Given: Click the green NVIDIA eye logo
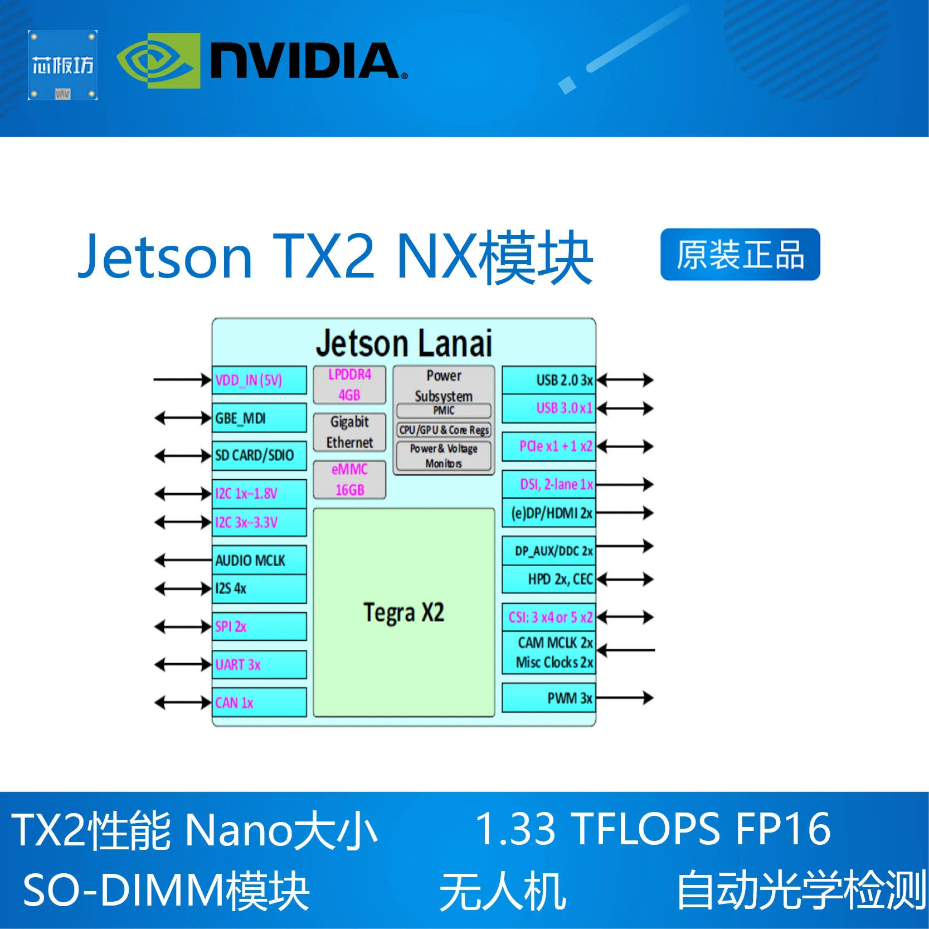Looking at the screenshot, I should [x=158, y=61].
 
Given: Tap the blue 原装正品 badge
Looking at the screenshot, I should [x=740, y=255].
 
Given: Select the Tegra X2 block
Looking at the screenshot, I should [x=403, y=612].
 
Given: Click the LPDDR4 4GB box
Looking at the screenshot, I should [x=349, y=385].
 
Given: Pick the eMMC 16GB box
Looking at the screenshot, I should [x=349, y=480].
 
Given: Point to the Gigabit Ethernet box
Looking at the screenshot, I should [x=349, y=432].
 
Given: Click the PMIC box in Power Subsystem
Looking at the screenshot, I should [x=444, y=411].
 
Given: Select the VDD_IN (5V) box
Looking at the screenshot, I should [x=260, y=381].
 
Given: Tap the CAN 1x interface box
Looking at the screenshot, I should [x=260, y=703].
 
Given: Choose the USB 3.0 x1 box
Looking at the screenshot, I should [x=549, y=408].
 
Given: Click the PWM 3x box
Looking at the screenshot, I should [x=549, y=698].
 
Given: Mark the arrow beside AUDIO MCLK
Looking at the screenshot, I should [x=182, y=560].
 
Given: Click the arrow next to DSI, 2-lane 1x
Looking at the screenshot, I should [x=624, y=484].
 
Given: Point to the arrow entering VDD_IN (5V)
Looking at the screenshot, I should [x=182, y=380].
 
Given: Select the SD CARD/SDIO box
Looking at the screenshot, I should [x=260, y=455].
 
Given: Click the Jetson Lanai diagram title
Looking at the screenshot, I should [x=403, y=343].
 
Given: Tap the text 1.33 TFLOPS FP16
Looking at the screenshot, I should [x=653, y=829].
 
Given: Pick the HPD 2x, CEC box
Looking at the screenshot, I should [x=549, y=580].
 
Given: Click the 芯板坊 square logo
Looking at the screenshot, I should [x=62, y=65].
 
